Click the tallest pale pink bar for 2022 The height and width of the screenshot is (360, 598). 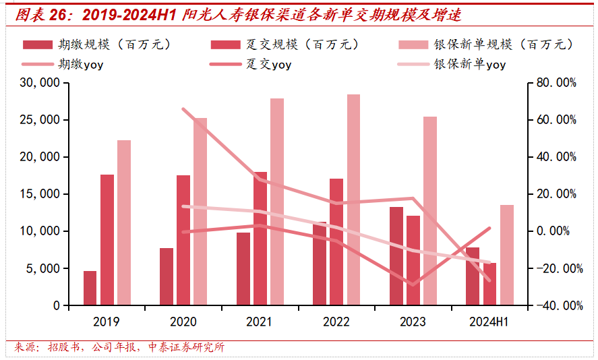point(353,200)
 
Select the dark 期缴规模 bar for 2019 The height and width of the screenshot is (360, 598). point(90,288)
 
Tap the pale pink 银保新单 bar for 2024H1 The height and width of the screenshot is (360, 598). point(506,255)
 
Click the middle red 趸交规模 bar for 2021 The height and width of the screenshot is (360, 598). point(260,238)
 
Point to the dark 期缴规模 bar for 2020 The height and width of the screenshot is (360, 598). point(167,276)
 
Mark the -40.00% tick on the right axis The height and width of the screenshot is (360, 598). point(556,305)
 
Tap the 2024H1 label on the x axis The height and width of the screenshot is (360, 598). point(488,322)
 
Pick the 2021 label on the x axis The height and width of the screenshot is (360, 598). point(260,322)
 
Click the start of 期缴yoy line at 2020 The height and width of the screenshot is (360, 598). point(183,109)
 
